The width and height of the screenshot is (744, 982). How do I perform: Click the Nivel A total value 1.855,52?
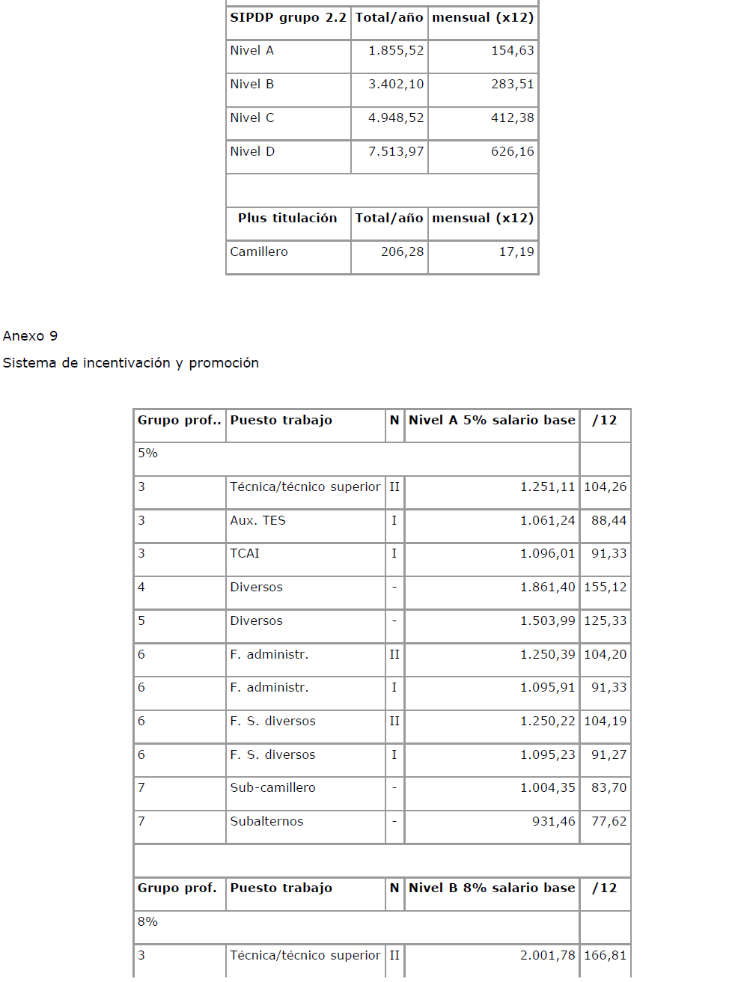point(396,51)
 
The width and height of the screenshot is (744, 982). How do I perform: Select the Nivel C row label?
point(252,118)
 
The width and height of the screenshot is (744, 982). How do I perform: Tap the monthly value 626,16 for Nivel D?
point(513,152)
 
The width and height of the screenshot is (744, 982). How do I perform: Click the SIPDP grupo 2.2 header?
point(288,18)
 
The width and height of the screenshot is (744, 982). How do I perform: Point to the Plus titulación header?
point(287,219)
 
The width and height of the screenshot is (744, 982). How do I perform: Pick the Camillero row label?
point(259,252)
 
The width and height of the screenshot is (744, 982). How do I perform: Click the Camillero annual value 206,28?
point(402,252)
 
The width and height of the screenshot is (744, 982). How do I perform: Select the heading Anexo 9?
point(31,336)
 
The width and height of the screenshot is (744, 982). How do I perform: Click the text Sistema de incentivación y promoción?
point(131,363)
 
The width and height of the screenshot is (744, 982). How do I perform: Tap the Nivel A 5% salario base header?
point(492,421)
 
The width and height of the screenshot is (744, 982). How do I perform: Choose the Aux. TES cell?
point(258,521)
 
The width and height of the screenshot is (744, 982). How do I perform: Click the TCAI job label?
point(245,554)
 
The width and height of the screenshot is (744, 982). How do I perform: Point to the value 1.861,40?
point(547,588)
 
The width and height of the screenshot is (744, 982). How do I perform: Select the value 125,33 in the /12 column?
point(605,621)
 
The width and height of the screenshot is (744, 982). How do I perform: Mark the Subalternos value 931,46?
point(553,822)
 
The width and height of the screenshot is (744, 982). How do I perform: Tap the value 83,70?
point(609,788)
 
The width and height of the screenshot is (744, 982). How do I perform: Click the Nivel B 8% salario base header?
point(492,888)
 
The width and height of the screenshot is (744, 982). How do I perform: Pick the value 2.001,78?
point(547,956)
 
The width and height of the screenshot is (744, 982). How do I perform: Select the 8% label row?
point(148,922)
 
